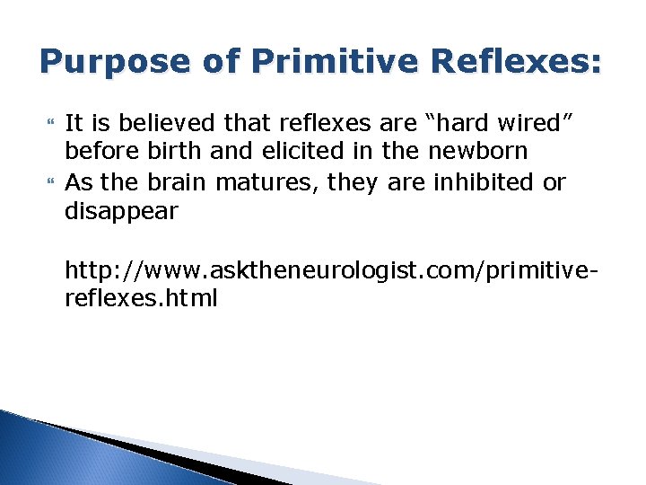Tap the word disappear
[x=122, y=212]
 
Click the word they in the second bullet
[x=354, y=182]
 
